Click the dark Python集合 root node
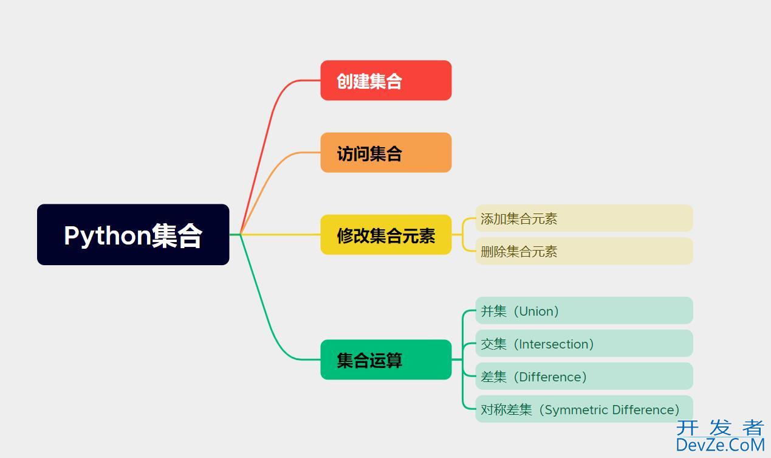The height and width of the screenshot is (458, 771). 133,235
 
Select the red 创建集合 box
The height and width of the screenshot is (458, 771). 386,80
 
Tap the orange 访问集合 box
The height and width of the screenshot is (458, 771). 386,153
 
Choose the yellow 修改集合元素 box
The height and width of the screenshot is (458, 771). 386,235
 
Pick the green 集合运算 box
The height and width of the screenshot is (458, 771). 386,359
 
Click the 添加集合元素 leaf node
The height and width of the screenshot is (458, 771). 583,218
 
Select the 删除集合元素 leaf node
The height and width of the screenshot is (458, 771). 583,251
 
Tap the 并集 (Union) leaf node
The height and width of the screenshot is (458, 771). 583,311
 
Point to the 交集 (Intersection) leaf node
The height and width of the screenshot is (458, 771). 583,344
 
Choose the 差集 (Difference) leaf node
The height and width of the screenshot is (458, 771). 583,376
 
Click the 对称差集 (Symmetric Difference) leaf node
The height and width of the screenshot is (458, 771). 583,409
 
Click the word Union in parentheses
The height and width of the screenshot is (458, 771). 536,311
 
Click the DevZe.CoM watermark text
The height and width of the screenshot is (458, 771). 719,445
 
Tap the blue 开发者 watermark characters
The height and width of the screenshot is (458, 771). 719,428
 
